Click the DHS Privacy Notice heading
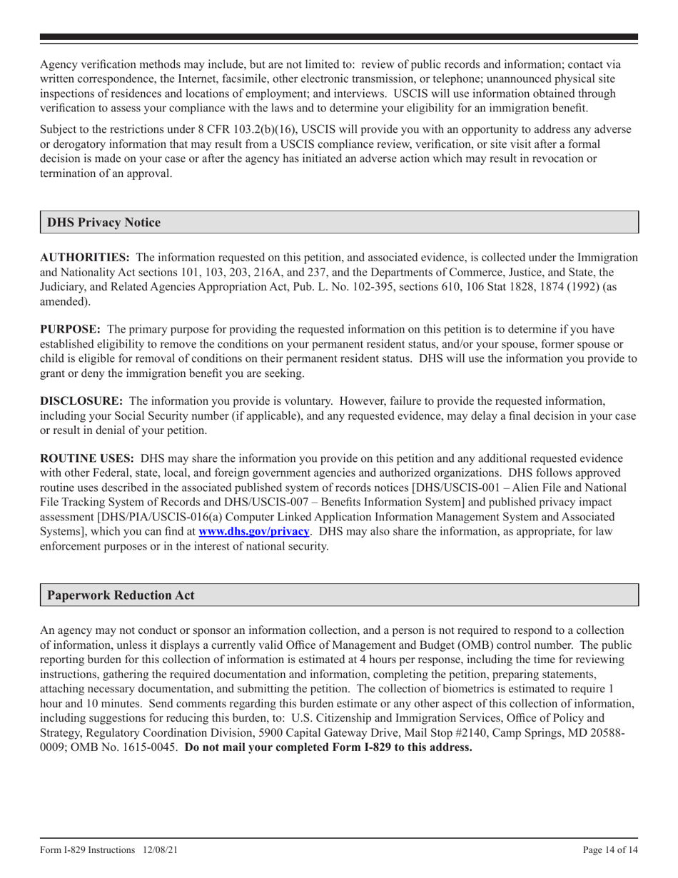pos(103,223)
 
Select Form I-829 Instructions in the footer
pos(88,849)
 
